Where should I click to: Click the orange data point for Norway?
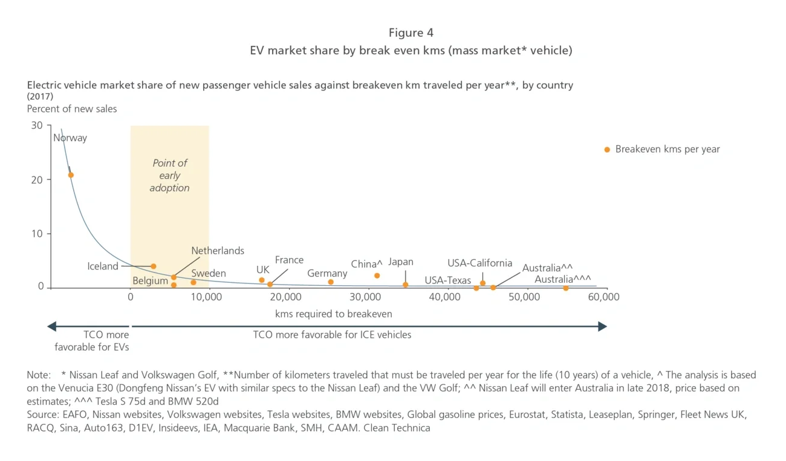click(x=71, y=175)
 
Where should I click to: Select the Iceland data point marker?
click(x=154, y=266)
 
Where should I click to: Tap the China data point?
click(x=377, y=276)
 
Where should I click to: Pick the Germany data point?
click(x=331, y=282)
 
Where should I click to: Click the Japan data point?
click(x=405, y=285)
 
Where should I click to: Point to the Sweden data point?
click(x=193, y=282)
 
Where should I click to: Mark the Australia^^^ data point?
click(x=566, y=288)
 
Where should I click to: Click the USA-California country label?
click(x=479, y=263)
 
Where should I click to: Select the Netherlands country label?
click(x=218, y=251)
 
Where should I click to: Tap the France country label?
click(x=289, y=260)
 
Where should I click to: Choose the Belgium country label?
click(x=150, y=281)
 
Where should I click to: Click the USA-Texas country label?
click(x=447, y=280)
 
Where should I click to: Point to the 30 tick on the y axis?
click(x=37, y=126)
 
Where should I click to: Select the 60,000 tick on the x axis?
click(x=603, y=297)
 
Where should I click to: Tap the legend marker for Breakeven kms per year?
click(x=607, y=149)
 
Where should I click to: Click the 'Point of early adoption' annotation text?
click(x=170, y=175)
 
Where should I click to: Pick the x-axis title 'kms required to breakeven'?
click(x=334, y=314)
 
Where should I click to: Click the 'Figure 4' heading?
click(x=411, y=33)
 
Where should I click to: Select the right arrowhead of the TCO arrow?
click(x=602, y=326)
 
